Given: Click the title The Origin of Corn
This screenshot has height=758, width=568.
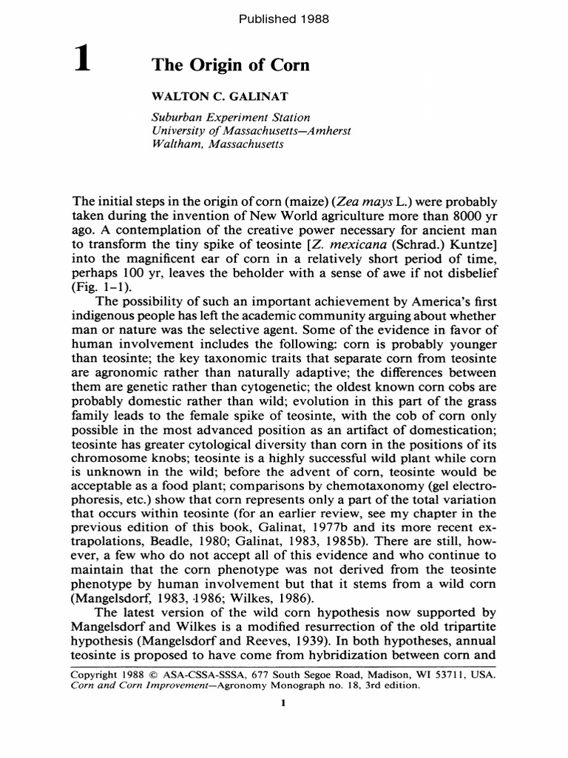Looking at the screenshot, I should coord(230,65).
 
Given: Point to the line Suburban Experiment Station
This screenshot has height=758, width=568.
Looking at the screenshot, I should coord(230,117).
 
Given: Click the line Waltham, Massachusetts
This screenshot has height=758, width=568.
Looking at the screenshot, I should coord(217,144).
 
